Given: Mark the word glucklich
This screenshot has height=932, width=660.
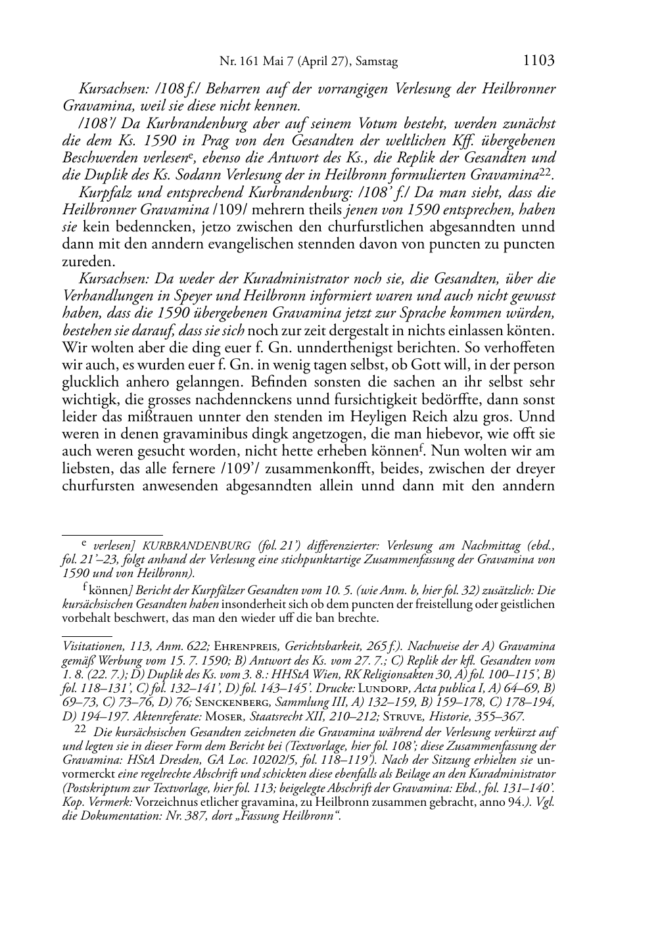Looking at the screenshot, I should (x=93, y=383).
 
